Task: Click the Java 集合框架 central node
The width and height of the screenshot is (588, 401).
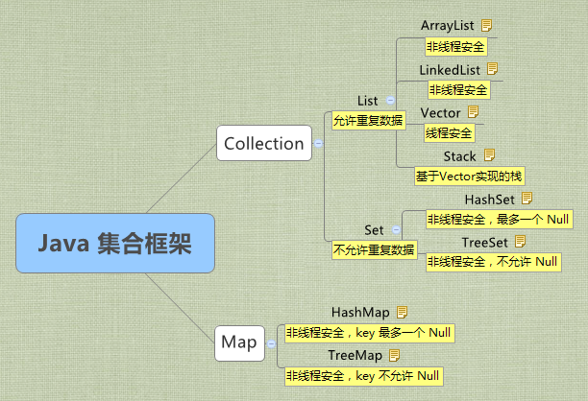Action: point(114,245)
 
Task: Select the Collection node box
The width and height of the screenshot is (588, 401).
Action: point(263,144)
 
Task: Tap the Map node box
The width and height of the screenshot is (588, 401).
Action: point(239,342)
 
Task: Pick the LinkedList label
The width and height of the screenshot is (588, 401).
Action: point(451,70)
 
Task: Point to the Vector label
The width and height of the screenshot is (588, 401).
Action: point(440,113)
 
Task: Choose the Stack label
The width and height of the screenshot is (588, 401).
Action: point(460,155)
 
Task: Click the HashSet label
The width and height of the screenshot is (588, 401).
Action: point(490,199)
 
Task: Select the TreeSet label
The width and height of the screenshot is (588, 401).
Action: point(485,241)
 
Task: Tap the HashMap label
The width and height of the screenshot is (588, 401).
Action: point(360,313)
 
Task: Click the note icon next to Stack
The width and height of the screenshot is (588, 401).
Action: point(489,154)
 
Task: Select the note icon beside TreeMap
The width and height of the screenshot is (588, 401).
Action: point(401,356)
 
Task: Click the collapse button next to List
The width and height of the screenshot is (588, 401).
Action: point(389,101)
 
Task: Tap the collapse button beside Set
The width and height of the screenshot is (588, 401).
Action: point(395,231)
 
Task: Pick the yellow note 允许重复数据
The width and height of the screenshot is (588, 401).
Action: point(368,121)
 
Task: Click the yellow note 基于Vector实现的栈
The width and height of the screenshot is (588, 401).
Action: point(470,177)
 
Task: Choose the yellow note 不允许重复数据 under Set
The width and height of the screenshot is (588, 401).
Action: point(374,250)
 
